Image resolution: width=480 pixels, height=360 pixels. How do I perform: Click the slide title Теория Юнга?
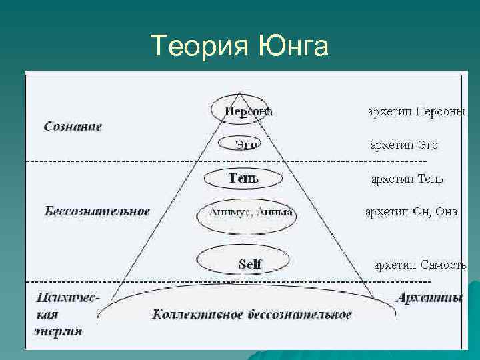239,47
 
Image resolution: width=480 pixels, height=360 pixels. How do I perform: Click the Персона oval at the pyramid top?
241,111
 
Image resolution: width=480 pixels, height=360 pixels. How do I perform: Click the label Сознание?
73,125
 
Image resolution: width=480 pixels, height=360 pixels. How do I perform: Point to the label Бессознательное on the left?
97,211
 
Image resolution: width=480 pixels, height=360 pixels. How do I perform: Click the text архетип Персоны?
417,111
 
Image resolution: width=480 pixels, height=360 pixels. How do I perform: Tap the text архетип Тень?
407,179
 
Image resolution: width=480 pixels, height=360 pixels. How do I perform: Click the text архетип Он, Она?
411,212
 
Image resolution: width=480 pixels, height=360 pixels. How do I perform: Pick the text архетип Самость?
419,265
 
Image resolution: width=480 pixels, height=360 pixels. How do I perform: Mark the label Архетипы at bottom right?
429,298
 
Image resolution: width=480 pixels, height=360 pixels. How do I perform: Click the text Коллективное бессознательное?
252,314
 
